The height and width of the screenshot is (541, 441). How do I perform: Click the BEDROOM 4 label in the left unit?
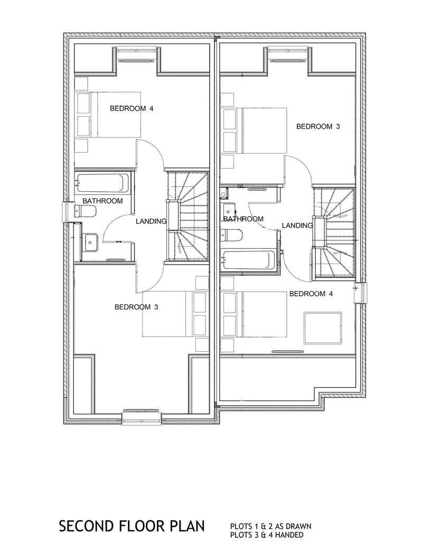[x=132, y=109]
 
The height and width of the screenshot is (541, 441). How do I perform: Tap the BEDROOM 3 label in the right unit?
[x=318, y=127]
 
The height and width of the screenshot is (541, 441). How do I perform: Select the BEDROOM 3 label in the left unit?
[x=136, y=307]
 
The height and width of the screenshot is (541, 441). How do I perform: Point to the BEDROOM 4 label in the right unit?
[x=311, y=294]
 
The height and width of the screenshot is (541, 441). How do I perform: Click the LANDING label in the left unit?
[x=151, y=221]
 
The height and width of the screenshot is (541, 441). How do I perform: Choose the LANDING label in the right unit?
[x=297, y=226]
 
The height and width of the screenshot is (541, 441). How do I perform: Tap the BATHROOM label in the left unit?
[x=102, y=201]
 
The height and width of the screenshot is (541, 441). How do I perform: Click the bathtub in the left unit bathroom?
[x=103, y=182]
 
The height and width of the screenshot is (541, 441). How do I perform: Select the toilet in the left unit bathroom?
[x=85, y=211]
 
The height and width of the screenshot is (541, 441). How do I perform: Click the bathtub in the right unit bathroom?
[x=249, y=260]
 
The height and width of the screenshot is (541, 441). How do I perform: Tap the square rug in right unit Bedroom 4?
[x=323, y=328]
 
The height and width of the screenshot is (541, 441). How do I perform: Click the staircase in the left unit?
[x=188, y=217]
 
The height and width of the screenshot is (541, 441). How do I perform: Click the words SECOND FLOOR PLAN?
[x=132, y=527]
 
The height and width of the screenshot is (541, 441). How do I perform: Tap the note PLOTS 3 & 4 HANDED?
[x=267, y=535]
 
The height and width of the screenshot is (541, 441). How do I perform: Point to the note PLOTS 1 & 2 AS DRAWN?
[x=270, y=527]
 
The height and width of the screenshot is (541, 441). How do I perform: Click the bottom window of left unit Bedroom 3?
[x=142, y=417]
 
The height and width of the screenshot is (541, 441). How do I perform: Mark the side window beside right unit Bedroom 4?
[x=361, y=293]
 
